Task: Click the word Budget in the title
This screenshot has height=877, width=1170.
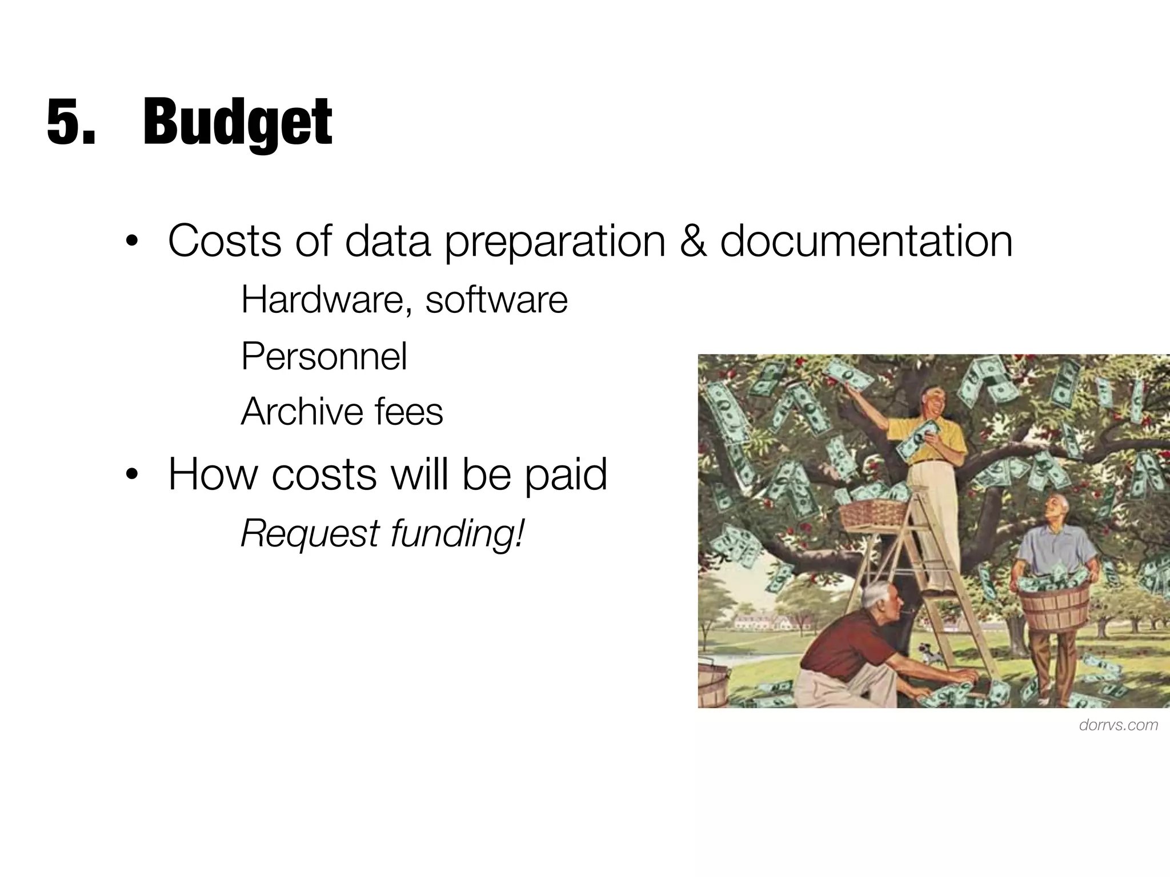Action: click(237, 122)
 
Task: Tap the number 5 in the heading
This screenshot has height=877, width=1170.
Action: click(64, 122)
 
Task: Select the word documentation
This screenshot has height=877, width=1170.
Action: click(866, 242)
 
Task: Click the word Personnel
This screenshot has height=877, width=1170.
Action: click(324, 357)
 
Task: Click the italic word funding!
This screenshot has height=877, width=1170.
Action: click(457, 534)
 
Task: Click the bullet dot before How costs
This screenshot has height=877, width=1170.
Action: click(132, 474)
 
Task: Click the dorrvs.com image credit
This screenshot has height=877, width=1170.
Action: click(1119, 725)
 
